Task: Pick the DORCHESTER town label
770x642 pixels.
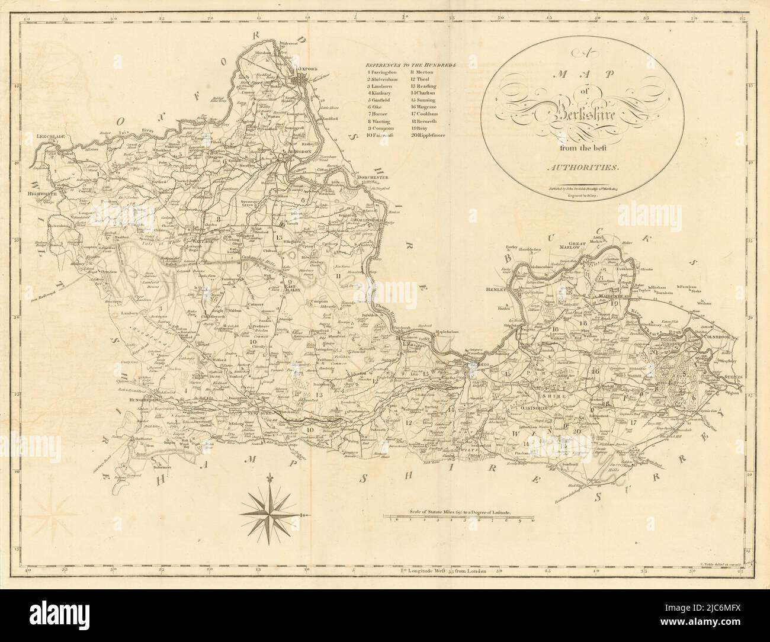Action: (x=370, y=178)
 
